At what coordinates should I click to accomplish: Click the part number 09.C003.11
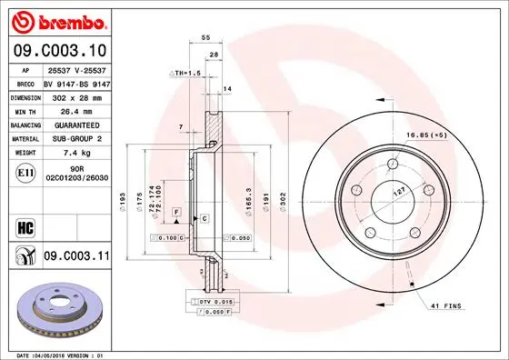click(x=75, y=257)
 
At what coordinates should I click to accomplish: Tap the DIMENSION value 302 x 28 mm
click(x=75, y=95)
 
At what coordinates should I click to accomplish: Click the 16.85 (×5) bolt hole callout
click(x=453, y=135)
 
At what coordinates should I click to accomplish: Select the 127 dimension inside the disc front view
click(x=399, y=194)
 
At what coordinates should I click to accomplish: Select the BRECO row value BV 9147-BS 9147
click(x=75, y=82)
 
